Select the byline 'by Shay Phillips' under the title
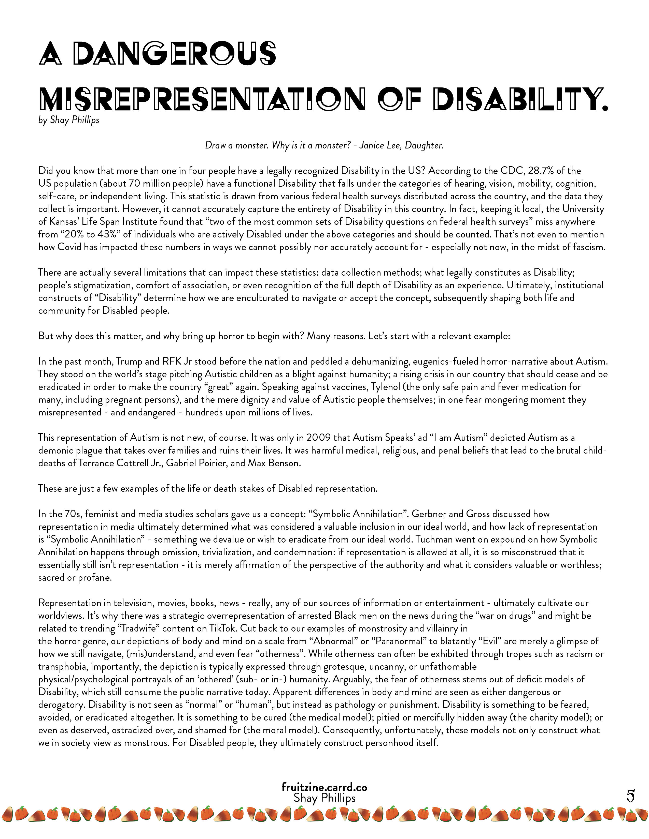click(x=69, y=120)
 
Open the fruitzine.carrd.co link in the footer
click(x=324, y=787)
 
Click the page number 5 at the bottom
click(x=630, y=796)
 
